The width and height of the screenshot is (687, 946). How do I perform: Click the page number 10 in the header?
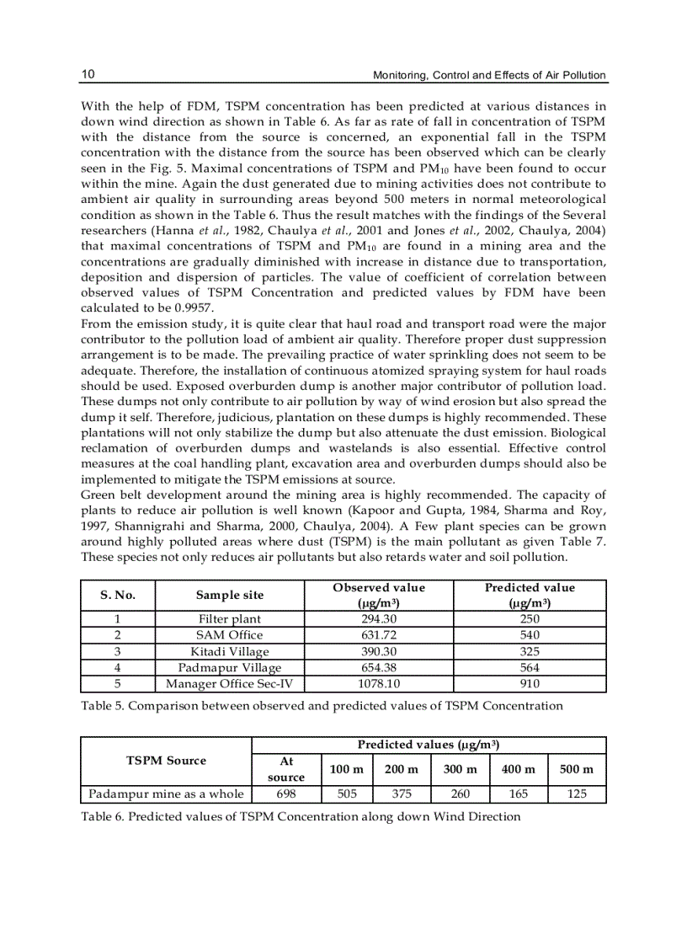pos(88,74)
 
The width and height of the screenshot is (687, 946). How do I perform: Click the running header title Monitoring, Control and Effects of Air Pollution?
pos(489,75)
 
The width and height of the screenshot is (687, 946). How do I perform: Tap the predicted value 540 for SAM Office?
pos(530,634)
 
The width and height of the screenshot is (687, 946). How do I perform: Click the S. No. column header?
pos(118,595)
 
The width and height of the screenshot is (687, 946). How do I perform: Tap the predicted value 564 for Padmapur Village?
pos(530,667)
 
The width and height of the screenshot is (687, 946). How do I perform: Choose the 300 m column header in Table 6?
pos(460,768)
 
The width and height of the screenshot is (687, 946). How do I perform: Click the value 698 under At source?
pos(285,794)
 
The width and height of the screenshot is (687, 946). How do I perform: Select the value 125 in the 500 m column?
pos(577,794)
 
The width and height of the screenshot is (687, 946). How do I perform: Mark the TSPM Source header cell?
pos(166,760)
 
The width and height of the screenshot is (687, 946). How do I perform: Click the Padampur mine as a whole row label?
pos(166,794)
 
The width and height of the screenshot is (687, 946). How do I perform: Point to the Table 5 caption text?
pos(322,705)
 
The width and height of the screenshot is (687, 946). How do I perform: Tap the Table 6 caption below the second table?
pos(301,816)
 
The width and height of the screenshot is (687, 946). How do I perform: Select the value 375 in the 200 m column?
pos(401,794)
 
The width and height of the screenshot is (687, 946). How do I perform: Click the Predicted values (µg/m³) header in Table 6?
pos(429,745)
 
